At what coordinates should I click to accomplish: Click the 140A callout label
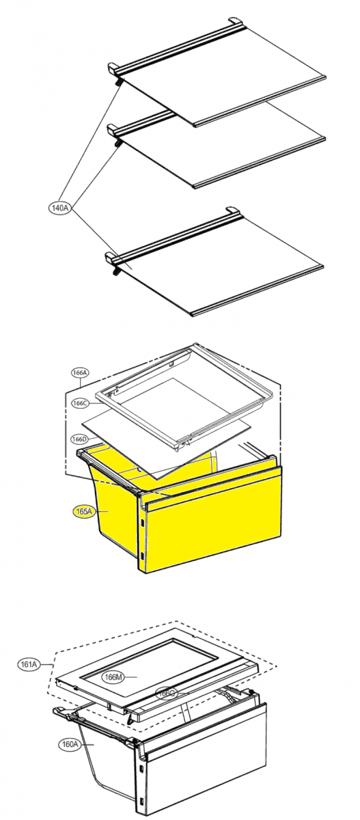pyautogui.click(x=59, y=208)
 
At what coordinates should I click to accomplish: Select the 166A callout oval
pyautogui.click(x=80, y=372)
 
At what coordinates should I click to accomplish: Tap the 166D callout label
pyautogui.click(x=80, y=439)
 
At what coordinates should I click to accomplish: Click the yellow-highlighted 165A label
pyautogui.click(x=84, y=511)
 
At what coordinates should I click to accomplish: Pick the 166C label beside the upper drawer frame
pyautogui.click(x=80, y=403)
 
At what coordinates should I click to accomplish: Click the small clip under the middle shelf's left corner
pyautogui.click(x=117, y=143)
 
